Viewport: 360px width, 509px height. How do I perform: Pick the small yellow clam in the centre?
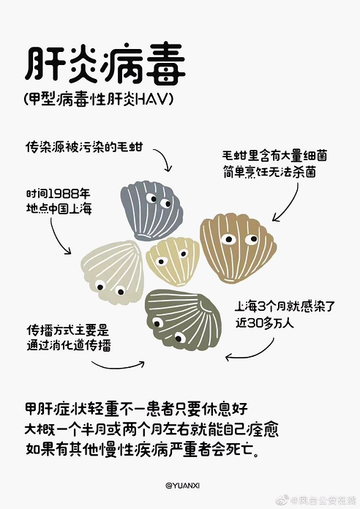click(x=173, y=260)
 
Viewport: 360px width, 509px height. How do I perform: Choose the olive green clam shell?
click(x=183, y=320)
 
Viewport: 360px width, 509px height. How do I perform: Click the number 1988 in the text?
click(x=64, y=194)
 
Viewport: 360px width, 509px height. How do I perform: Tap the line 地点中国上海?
click(x=59, y=208)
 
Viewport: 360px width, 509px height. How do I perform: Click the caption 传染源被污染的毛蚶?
click(x=84, y=147)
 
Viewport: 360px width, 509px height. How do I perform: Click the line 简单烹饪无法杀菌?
click(x=269, y=171)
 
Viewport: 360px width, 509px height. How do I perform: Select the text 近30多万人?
click(x=264, y=323)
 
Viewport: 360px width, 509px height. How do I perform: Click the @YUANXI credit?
click(x=183, y=486)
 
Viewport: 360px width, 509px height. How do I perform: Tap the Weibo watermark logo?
click(x=282, y=499)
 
